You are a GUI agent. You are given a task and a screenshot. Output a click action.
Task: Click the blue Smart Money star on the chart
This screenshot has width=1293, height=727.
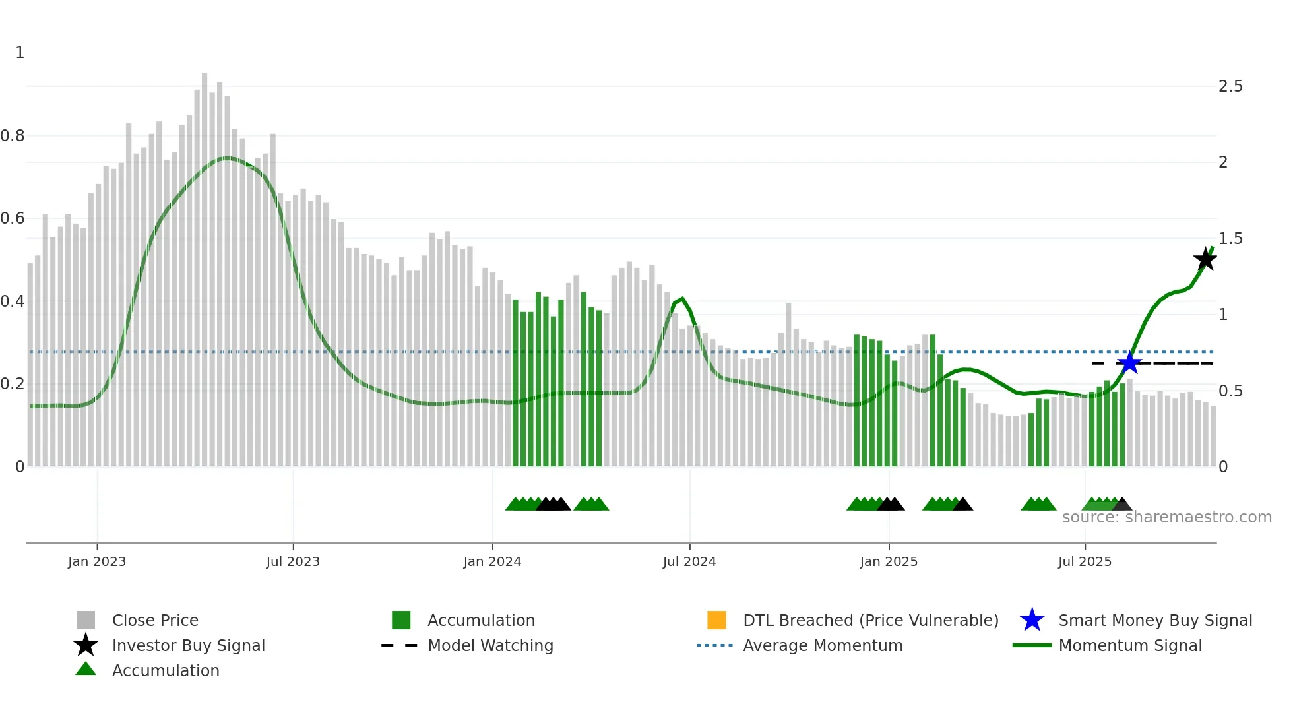click(x=1129, y=363)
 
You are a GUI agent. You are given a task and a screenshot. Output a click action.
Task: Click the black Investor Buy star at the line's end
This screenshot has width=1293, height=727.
click(x=1205, y=259)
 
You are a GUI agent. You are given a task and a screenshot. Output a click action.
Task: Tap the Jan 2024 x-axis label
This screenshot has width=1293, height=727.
click(x=492, y=561)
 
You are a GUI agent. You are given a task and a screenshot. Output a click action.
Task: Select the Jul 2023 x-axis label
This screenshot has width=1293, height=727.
click(x=293, y=561)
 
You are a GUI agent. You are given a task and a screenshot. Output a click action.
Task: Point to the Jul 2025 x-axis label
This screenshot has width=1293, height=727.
click(x=1085, y=561)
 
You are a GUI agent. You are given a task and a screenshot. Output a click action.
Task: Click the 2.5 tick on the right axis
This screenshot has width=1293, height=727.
click(x=1230, y=86)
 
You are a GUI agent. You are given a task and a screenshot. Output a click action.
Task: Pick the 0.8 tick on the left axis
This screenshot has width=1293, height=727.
click(x=13, y=136)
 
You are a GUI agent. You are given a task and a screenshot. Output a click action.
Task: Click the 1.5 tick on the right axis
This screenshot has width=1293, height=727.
click(x=1230, y=239)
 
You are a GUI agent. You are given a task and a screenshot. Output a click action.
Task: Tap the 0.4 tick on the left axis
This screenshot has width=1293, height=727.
click(x=13, y=301)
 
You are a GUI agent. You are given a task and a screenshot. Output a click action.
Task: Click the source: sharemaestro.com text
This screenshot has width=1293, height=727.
click(x=1166, y=517)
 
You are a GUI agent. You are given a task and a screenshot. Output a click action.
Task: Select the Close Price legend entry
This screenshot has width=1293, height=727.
click(x=155, y=620)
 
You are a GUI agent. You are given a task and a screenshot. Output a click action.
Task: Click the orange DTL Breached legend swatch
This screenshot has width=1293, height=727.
click(x=716, y=620)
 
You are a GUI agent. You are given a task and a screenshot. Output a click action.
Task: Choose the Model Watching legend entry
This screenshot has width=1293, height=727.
click(x=490, y=645)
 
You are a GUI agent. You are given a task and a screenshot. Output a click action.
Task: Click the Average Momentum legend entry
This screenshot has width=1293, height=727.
click(x=822, y=645)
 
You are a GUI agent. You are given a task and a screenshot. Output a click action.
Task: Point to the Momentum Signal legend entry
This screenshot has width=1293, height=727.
click(x=1129, y=645)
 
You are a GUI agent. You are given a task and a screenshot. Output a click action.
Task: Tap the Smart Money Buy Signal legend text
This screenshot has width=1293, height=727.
click(x=1155, y=620)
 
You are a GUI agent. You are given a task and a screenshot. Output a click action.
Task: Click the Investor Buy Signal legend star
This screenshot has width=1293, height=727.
click(x=86, y=645)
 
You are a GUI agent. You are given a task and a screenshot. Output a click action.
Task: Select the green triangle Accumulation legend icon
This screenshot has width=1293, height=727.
click(x=86, y=669)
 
